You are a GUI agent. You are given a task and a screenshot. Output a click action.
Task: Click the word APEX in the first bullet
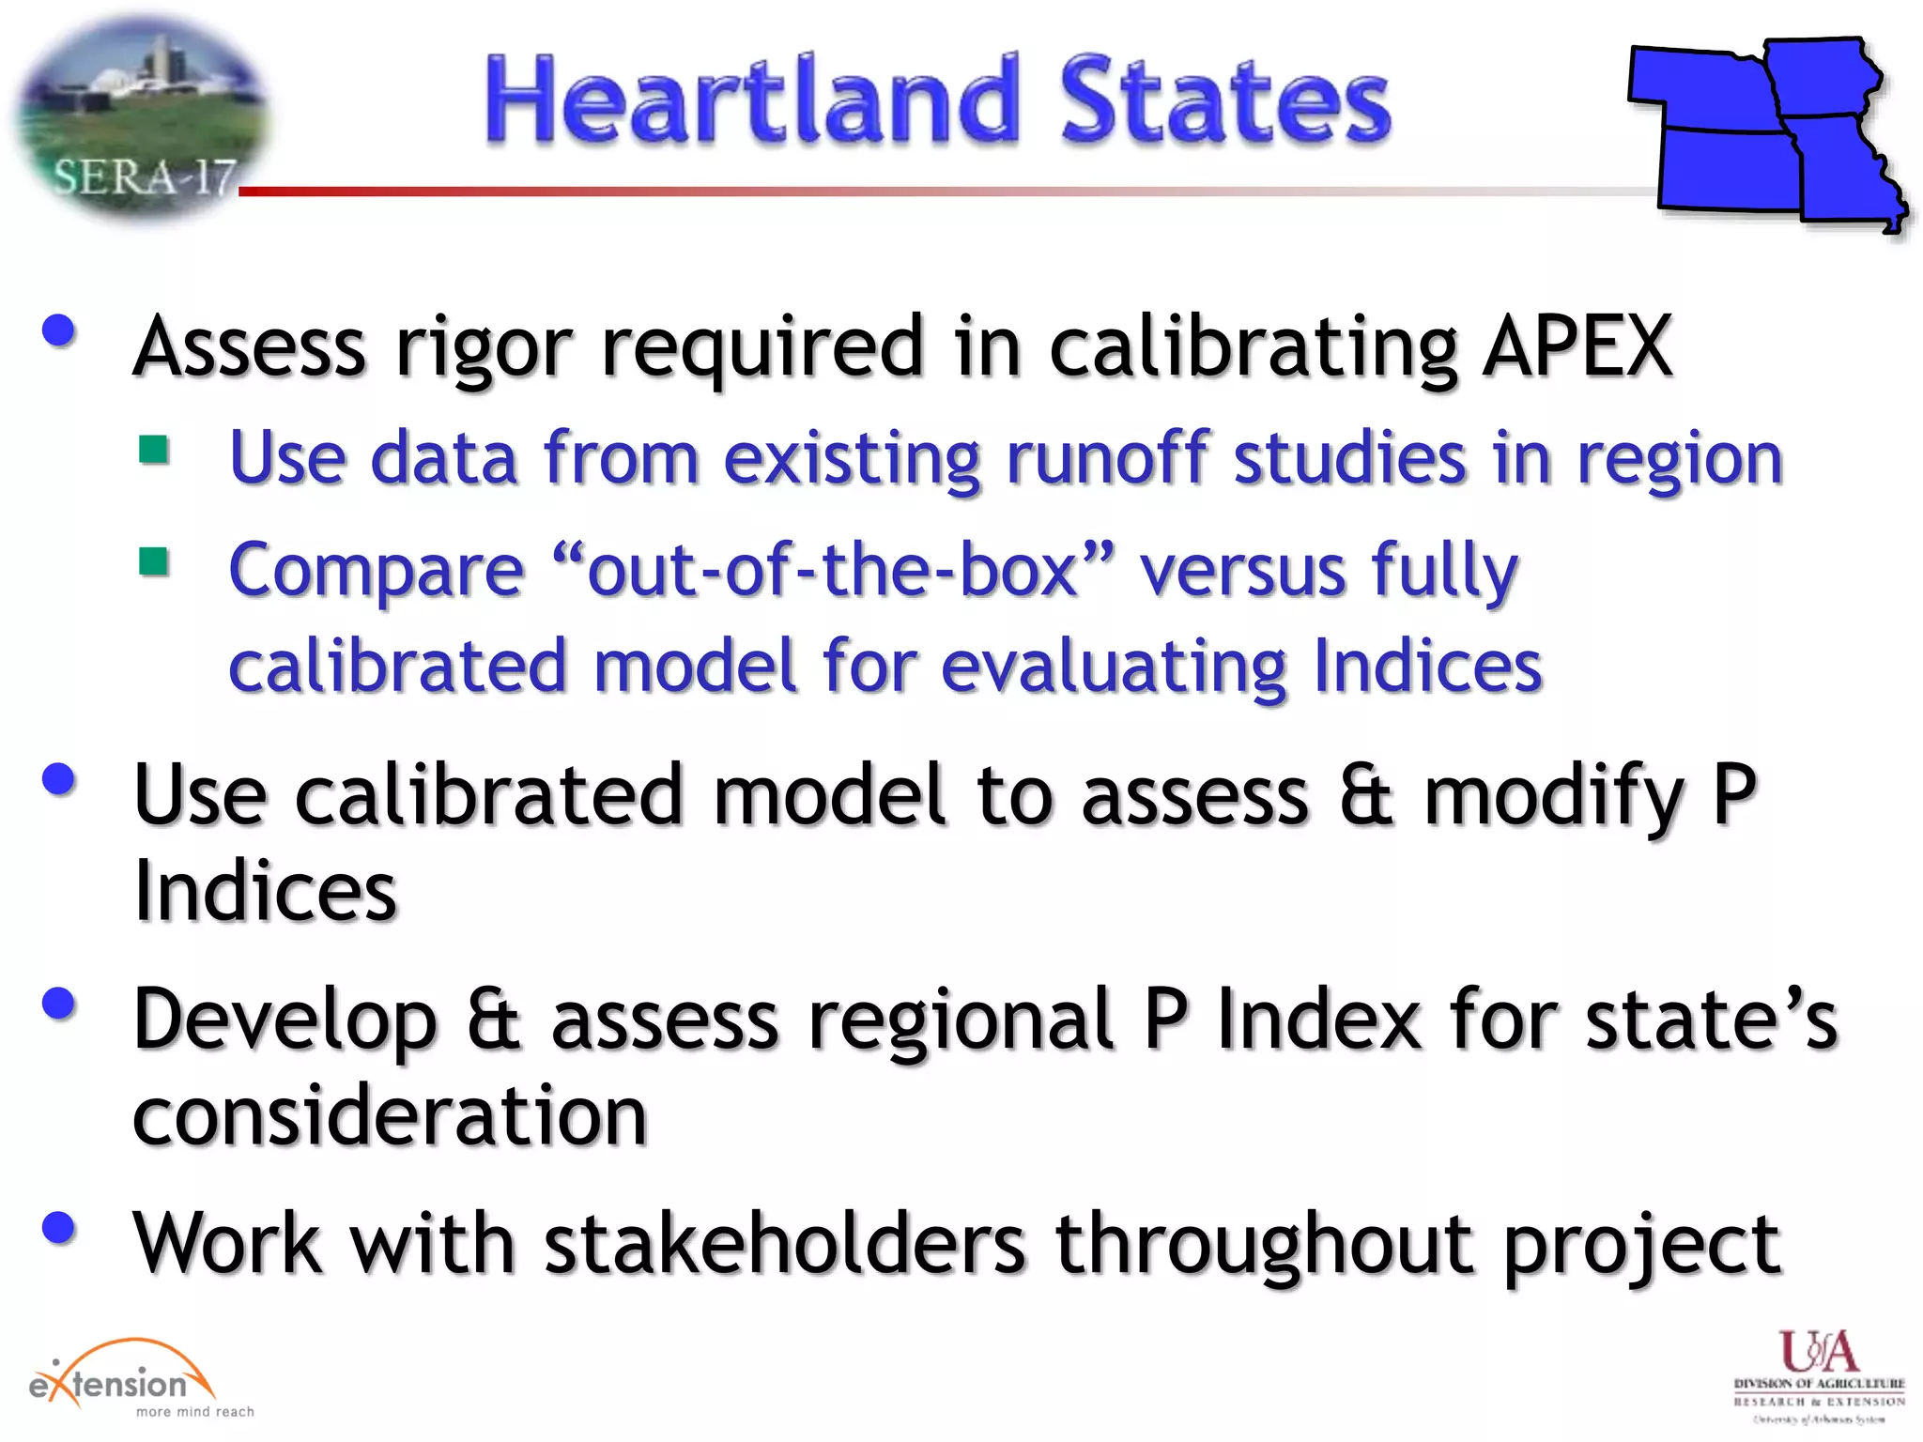tap(1577, 345)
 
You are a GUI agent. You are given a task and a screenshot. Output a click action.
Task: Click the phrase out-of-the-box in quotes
tap(832, 570)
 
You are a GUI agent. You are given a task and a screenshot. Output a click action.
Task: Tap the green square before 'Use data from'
tap(154, 450)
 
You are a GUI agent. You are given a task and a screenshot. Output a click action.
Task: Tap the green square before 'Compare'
tap(154, 562)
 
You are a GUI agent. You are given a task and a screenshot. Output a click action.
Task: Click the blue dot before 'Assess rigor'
tap(59, 330)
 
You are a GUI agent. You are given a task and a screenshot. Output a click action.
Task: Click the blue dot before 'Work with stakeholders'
tap(59, 1227)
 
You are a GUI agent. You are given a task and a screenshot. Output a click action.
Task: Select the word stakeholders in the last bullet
tap(784, 1243)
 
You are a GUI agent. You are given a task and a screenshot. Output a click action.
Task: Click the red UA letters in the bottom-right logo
tap(1818, 1352)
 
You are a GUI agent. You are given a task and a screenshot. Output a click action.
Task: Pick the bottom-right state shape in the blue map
tap(1845, 174)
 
